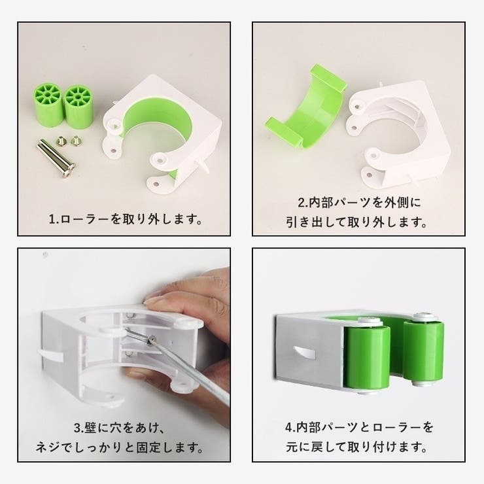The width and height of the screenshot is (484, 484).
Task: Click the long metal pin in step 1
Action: pyautogui.click(x=56, y=158)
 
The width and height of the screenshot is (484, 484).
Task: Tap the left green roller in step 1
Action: pyautogui.click(x=48, y=105)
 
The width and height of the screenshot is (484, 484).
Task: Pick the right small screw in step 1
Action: pyautogui.click(x=76, y=141)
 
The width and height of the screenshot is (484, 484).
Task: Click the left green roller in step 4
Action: pyautogui.click(x=367, y=358)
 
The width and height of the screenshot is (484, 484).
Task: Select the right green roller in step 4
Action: pyautogui.click(x=424, y=351)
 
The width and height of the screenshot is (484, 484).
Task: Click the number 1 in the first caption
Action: pyautogui.click(x=52, y=219)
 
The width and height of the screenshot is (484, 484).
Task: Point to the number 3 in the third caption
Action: pyautogui.click(x=77, y=428)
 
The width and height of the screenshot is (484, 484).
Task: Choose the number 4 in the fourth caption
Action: pyautogui.click(x=289, y=428)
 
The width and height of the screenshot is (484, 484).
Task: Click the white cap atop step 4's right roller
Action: pyautogui.click(x=426, y=317)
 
